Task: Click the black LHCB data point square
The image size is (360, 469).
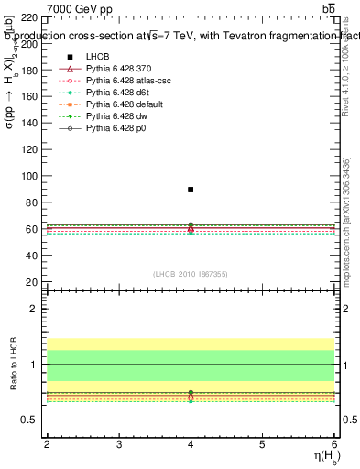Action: pos(191,190)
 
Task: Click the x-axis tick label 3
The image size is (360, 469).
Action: pos(119,444)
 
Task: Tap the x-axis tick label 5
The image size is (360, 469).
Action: pos(262,444)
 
